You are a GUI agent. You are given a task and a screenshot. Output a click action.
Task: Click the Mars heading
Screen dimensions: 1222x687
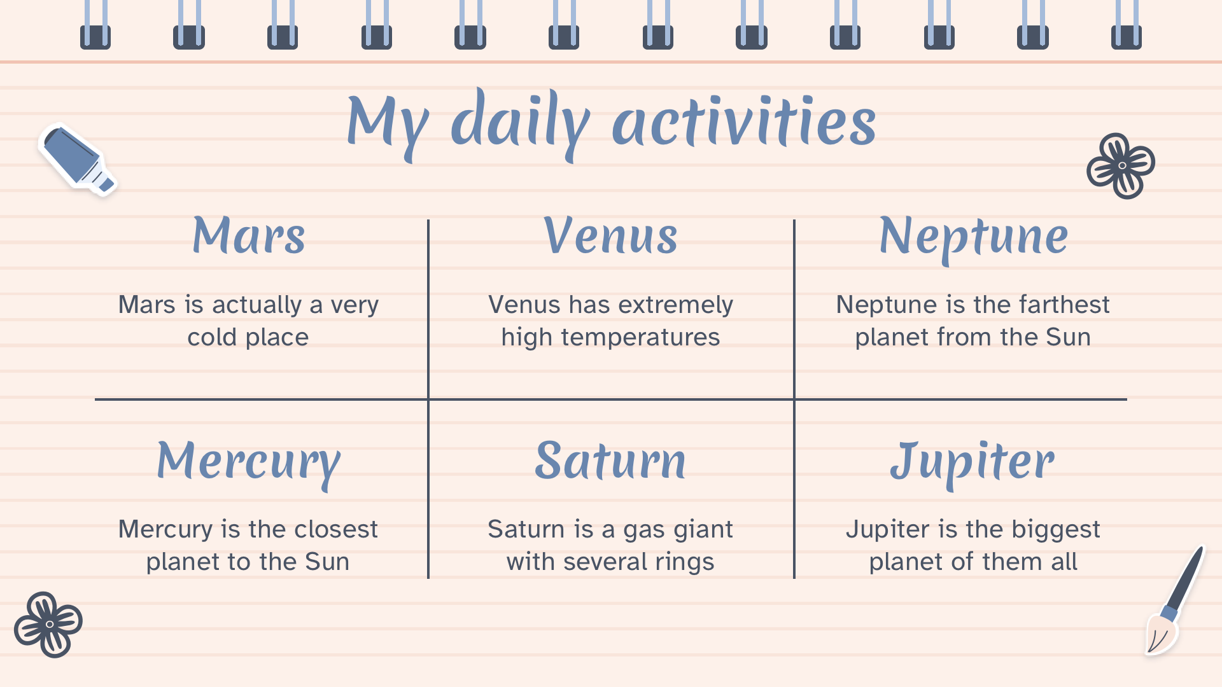point(248,235)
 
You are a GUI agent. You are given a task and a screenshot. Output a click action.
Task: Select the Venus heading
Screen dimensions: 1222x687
point(610,235)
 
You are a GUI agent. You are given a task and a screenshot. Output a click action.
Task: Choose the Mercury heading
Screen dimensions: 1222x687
point(248,463)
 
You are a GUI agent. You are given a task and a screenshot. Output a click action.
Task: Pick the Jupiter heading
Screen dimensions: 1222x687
point(973,463)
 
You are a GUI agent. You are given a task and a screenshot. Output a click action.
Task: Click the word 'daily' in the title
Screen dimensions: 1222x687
point(520,124)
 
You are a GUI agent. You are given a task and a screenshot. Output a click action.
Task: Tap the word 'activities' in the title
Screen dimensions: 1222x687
point(744,121)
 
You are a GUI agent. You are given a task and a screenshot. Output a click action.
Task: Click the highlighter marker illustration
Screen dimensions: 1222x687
point(78,159)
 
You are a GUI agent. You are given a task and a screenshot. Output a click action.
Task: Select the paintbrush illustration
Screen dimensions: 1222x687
point(1175,600)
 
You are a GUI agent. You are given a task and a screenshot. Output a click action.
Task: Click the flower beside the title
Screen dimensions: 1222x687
point(1121,165)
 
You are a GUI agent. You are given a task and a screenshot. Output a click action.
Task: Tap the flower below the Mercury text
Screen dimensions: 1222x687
point(48,624)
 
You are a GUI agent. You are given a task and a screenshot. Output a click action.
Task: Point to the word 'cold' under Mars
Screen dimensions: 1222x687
point(212,337)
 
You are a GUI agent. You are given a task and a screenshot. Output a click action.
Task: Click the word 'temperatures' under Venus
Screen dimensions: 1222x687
point(640,337)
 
